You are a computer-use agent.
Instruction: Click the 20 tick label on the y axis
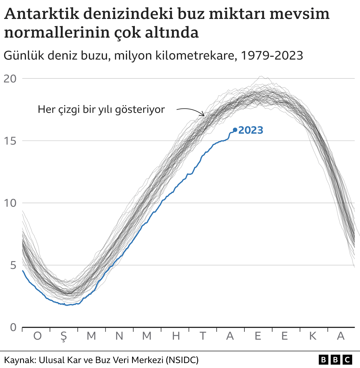coord(10,79)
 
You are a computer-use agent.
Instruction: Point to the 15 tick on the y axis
coord(10,141)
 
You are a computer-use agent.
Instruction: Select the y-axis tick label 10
coord(10,203)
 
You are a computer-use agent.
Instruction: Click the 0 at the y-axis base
coord(13,327)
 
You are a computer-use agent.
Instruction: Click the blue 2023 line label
coord(251,130)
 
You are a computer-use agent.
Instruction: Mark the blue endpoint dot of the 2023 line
coord(235,130)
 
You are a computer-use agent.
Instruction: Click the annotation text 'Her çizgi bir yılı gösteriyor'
coord(101,109)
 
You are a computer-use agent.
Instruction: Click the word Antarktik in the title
coord(42,14)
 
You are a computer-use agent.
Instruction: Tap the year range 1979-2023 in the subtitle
coord(271,56)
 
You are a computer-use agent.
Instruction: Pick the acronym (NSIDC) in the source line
coord(182,360)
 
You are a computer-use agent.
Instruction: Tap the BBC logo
coord(335,360)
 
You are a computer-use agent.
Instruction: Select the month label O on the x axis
coord(37,336)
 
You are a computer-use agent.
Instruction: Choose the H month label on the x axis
coord(176,336)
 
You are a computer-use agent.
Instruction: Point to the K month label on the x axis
coord(313,336)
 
